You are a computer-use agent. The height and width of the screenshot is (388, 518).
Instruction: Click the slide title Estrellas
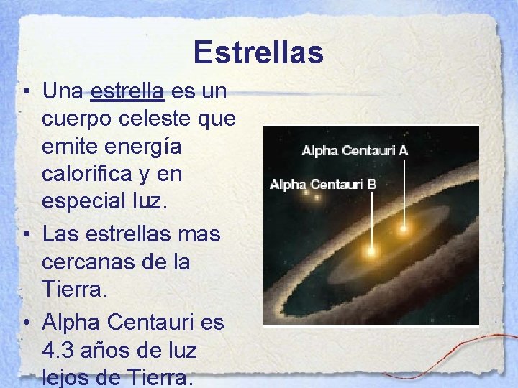pyautogui.click(x=258, y=52)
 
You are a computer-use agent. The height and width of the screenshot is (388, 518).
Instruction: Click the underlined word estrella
pyautogui.click(x=128, y=91)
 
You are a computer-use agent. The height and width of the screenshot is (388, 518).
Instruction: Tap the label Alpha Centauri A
pyautogui.click(x=355, y=151)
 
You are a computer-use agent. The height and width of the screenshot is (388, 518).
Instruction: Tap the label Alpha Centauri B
pyautogui.click(x=323, y=185)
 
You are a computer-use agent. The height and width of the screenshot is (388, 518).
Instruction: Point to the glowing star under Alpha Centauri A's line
pyautogui.click(x=404, y=229)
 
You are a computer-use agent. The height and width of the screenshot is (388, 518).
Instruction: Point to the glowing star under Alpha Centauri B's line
pyautogui.click(x=371, y=251)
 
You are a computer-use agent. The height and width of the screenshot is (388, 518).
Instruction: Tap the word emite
pyautogui.click(x=68, y=147)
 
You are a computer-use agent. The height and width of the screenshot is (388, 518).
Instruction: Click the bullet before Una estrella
pyautogui.click(x=26, y=92)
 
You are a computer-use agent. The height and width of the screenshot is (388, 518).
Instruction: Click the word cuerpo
pyautogui.click(x=76, y=119)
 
